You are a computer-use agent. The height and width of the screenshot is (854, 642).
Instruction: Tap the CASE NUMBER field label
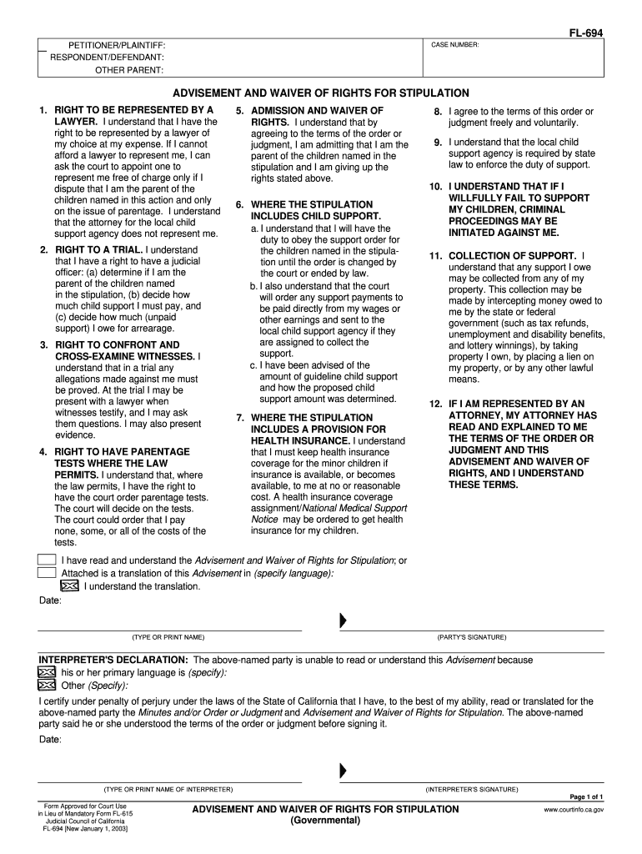pos(455,44)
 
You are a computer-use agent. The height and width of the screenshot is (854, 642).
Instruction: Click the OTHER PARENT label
pos(129,70)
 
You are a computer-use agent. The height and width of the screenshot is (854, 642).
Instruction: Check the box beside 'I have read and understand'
pos(47,560)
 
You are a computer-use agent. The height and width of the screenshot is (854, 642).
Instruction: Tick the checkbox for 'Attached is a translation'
pos(47,573)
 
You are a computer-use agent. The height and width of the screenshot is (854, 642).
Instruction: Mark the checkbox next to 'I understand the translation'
pos(70,585)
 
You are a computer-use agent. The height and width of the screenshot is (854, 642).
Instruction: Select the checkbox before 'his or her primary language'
pos(47,672)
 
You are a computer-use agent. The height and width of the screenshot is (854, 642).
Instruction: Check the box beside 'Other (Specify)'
pos(47,686)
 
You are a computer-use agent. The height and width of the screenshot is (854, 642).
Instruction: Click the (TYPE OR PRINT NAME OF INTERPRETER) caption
pos(168,789)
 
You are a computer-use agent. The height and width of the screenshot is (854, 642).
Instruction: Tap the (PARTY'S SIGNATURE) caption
pos(471,637)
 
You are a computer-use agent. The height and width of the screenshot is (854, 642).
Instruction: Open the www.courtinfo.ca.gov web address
pos(574,809)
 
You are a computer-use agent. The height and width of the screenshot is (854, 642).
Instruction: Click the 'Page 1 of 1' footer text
pos(586,796)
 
